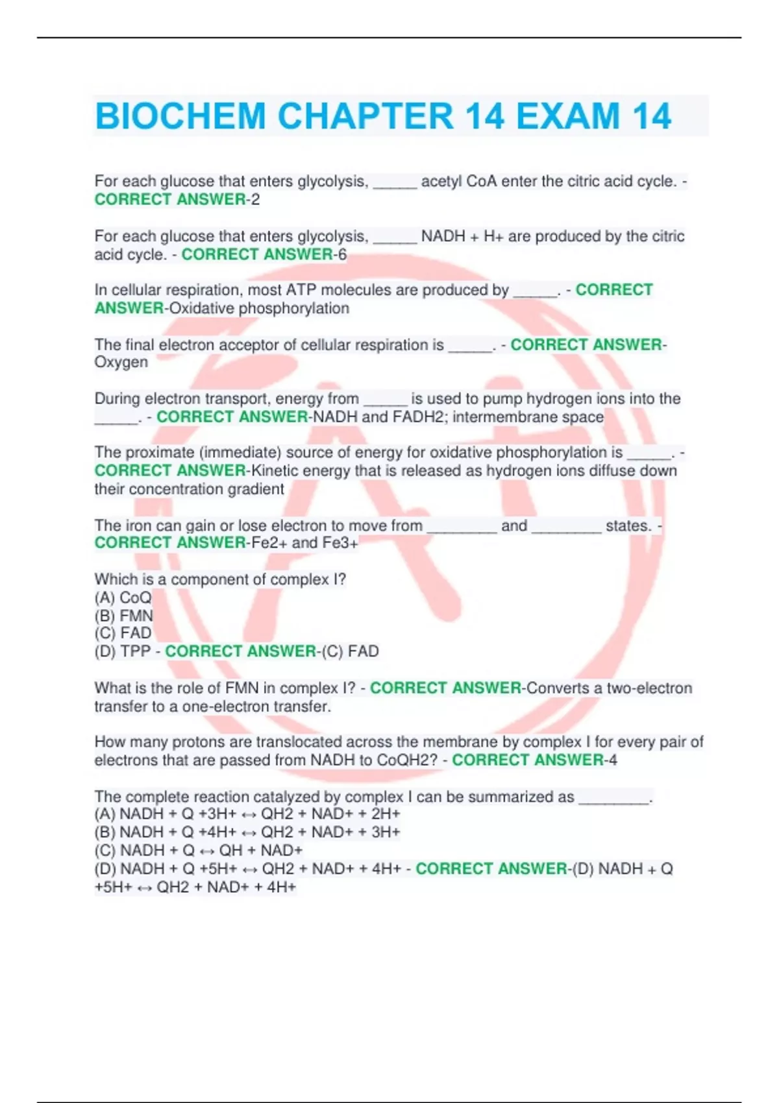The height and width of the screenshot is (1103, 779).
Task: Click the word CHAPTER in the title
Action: pyautogui.click(x=365, y=117)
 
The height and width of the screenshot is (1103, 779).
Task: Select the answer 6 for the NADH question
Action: pyautogui.click(x=341, y=254)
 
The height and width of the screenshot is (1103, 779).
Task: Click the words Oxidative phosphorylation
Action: pyautogui.click(x=259, y=308)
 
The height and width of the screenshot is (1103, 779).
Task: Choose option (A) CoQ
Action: pyautogui.click(x=123, y=597)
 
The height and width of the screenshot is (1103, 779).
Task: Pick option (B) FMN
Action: pyautogui.click(x=124, y=615)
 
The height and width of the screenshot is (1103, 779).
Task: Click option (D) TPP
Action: pyautogui.click(x=123, y=651)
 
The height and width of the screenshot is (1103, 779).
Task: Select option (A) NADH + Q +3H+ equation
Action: pyautogui.click(x=247, y=814)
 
